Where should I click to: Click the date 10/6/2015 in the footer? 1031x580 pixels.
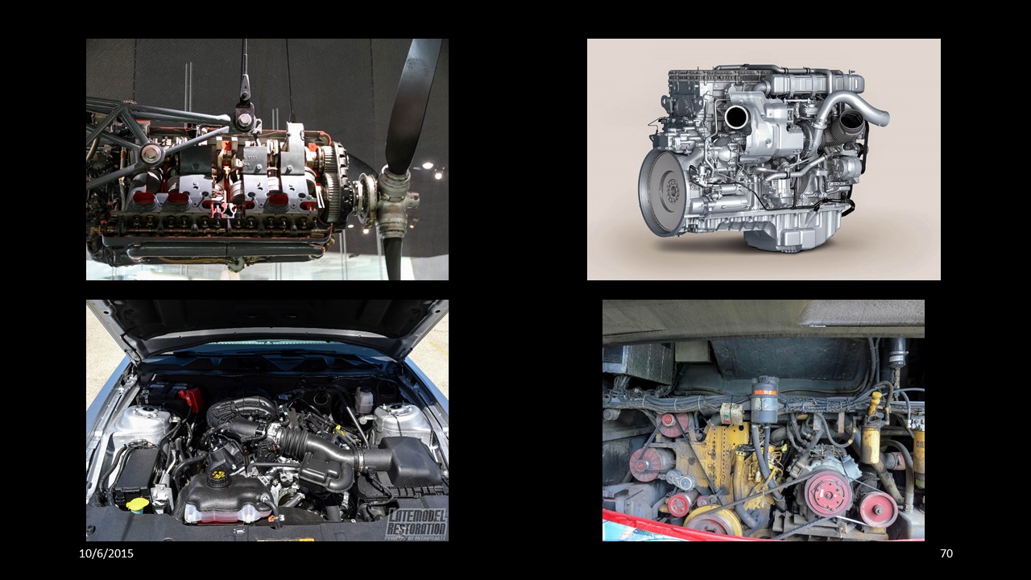tap(106, 553)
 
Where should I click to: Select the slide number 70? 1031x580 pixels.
tap(946, 553)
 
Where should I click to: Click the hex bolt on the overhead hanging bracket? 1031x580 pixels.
tap(244, 120)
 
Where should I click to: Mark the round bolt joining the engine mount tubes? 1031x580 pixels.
tap(151, 154)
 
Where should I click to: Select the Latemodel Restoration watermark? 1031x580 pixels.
tap(417, 524)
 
